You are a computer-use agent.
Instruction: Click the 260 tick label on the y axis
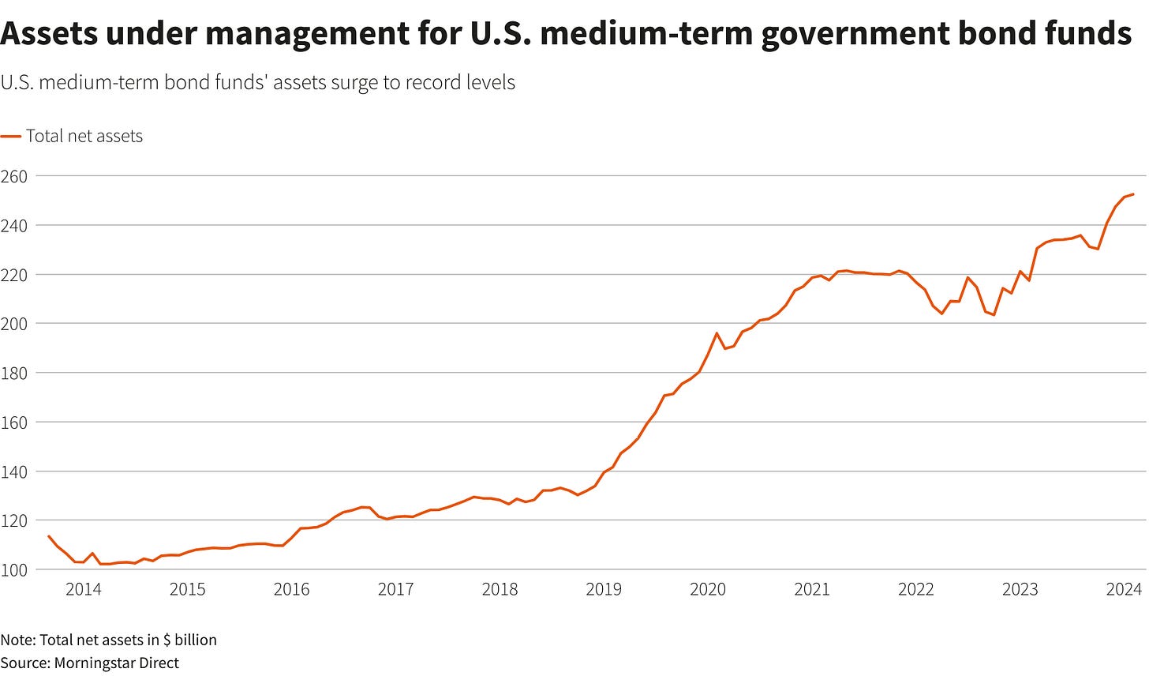13,176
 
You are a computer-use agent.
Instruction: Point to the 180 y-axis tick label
13,373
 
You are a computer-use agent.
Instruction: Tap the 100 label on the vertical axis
13,569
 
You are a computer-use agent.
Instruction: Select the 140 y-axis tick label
13,471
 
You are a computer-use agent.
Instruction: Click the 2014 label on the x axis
83,589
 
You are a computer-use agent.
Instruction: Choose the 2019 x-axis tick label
604,589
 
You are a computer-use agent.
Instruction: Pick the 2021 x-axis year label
812,589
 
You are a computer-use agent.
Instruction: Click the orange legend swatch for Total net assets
10,136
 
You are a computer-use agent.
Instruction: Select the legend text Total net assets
84,136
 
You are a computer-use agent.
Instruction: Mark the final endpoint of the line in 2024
1133,194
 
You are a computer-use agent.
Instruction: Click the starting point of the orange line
49,536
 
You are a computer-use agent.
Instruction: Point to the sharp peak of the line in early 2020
717,333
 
